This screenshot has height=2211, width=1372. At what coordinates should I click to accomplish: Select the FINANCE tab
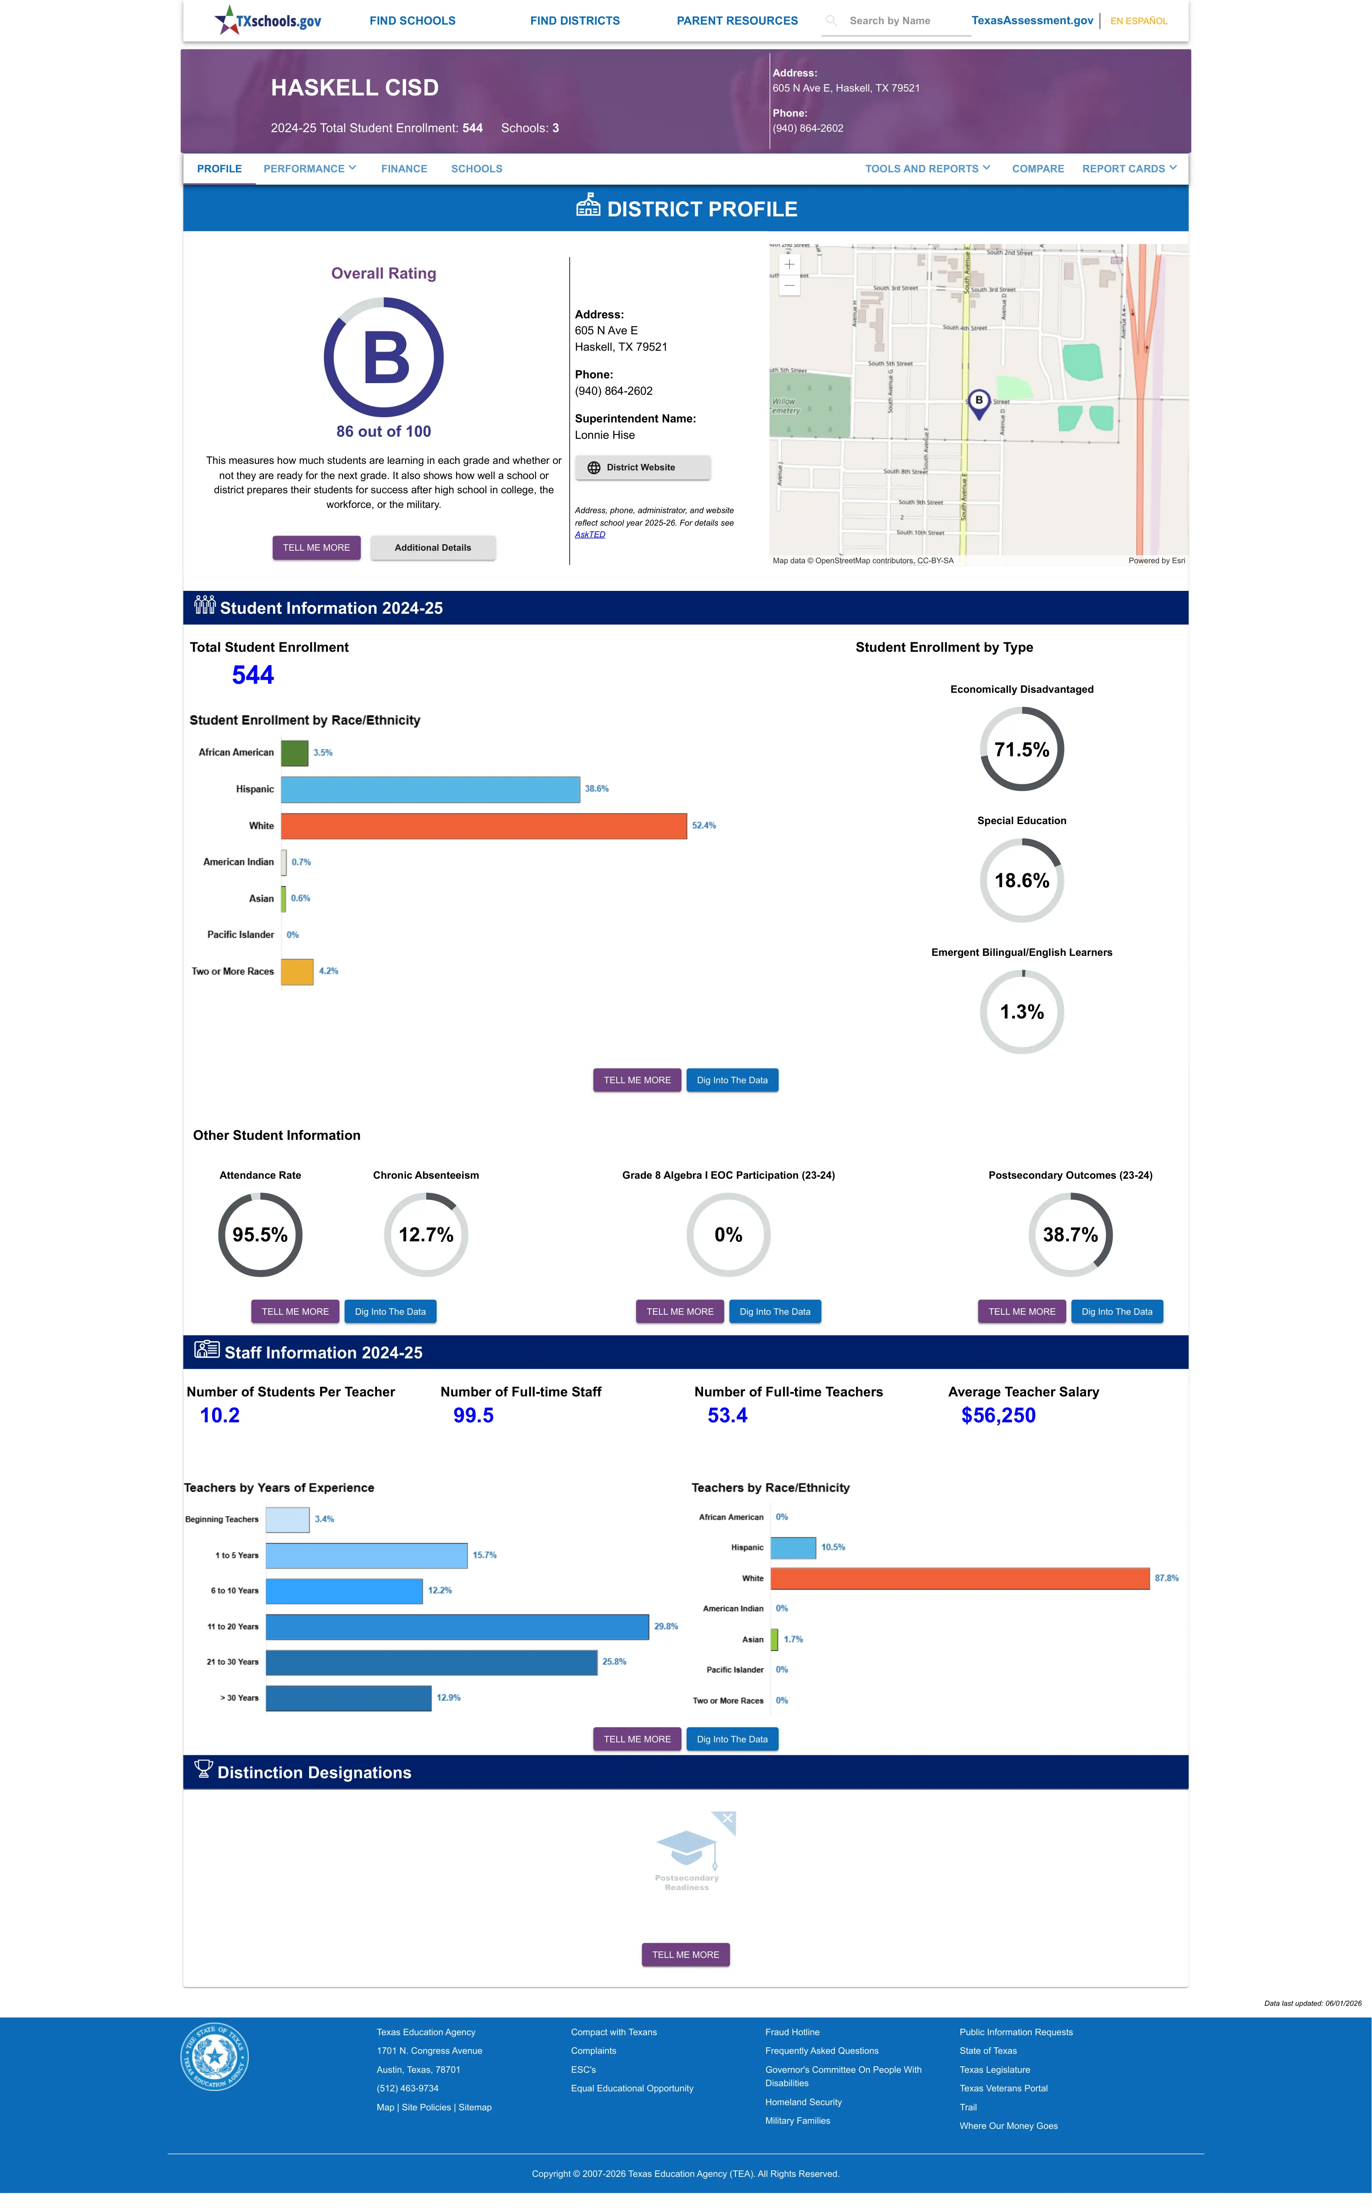pyautogui.click(x=404, y=169)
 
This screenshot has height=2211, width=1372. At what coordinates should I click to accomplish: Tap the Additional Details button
pyautogui.click(x=433, y=548)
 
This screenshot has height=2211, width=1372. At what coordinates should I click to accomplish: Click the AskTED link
pyautogui.click(x=590, y=534)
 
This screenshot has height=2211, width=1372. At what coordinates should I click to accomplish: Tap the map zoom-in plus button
pyautogui.click(x=789, y=264)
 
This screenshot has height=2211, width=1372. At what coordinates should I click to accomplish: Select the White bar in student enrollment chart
pyautogui.click(x=484, y=825)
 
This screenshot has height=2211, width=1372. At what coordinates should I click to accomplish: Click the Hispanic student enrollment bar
pyautogui.click(x=430, y=789)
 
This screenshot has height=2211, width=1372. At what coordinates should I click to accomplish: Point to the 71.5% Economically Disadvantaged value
pyautogui.click(x=1022, y=749)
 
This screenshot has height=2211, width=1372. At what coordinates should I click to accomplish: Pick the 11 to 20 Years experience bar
pyautogui.click(x=457, y=1627)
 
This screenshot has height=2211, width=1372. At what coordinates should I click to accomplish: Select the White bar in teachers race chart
pyautogui.click(x=960, y=1579)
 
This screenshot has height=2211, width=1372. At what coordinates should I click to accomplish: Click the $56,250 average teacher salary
pyautogui.click(x=998, y=1415)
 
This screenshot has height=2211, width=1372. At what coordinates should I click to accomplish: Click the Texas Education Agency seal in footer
pyautogui.click(x=214, y=2056)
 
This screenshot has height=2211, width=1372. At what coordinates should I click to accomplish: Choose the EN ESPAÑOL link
pyautogui.click(x=1139, y=21)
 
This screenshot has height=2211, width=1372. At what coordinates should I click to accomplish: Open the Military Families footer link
pyautogui.click(x=798, y=2121)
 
